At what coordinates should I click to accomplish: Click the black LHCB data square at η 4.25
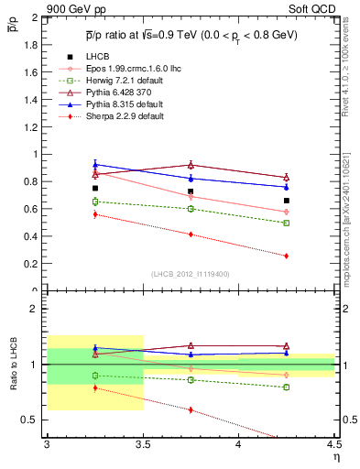[287, 201]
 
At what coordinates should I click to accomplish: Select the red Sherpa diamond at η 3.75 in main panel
[191, 234]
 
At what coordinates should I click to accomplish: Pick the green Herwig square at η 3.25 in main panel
[95, 202]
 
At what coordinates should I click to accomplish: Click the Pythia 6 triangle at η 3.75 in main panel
[191, 165]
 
